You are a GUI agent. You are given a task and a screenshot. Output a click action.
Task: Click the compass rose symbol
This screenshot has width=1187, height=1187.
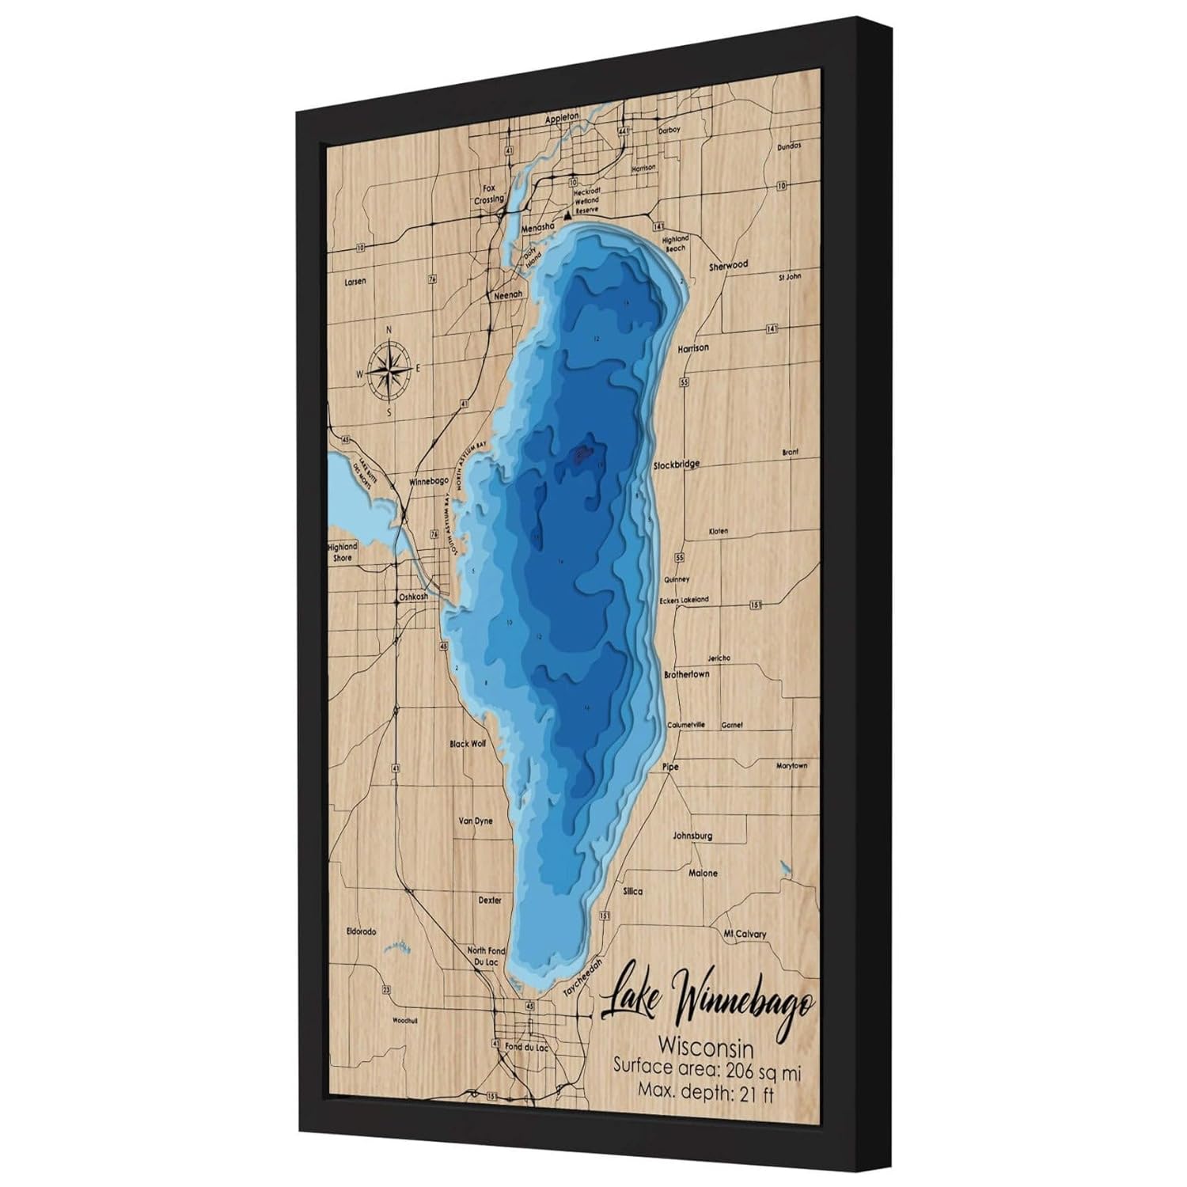(x=389, y=370)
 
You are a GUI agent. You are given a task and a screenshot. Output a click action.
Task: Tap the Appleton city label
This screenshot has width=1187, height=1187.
(x=562, y=117)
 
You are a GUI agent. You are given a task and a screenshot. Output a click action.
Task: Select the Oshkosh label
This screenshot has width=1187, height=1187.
(x=413, y=597)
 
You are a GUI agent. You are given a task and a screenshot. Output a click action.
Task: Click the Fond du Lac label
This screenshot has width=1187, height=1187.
(x=525, y=1047)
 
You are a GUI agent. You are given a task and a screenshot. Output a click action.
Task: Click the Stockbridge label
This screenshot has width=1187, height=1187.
(x=676, y=465)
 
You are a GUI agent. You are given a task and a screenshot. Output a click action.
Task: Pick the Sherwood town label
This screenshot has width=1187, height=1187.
(x=728, y=266)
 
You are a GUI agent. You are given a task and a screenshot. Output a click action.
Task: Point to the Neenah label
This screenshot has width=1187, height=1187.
(x=508, y=294)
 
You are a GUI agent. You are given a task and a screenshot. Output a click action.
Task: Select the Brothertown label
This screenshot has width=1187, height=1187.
(x=685, y=674)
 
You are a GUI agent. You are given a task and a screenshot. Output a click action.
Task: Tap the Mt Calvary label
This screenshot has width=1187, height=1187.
(x=745, y=934)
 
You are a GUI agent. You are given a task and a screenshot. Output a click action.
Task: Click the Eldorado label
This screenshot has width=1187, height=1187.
(x=361, y=931)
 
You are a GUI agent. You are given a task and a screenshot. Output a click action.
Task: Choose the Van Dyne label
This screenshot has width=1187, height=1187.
(x=475, y=821)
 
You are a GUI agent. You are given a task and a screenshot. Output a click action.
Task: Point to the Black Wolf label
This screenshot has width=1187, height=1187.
(x=467, y=744)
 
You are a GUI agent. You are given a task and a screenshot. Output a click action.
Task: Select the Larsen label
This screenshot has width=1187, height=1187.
(x=356, y=282)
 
